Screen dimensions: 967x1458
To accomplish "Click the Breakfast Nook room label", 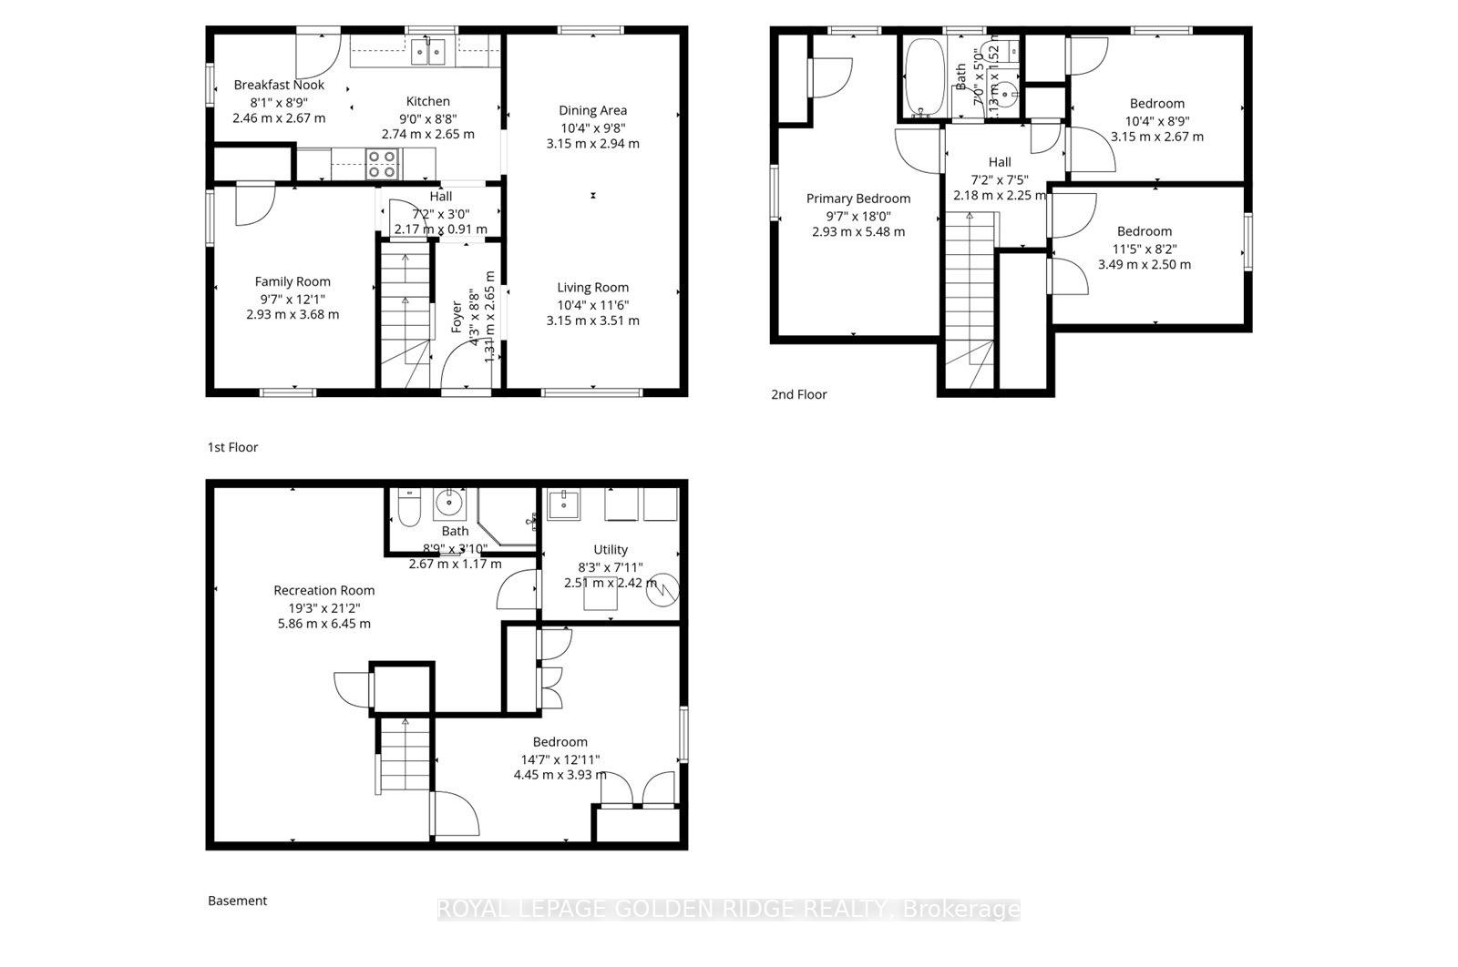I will (x=279, y=85).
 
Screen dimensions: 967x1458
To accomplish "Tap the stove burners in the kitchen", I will (x=382, y=165).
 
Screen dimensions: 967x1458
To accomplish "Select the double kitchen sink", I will (x=427, y=53).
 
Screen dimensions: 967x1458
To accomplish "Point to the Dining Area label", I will (x=592, y=110).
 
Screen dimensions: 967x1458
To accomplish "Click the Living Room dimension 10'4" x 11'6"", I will (x=592, y=305).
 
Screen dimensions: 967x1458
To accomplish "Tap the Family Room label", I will (x=293, y=281).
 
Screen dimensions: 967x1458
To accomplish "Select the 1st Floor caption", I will (x=232, y=447).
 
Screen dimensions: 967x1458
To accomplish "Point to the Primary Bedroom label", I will (x=857, y=198).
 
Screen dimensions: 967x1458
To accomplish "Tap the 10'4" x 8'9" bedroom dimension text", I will (x=1156, y=120).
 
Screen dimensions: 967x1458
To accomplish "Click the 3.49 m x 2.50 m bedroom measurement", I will (x=1144, y=265).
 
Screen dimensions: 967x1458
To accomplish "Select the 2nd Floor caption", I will (x=798, y=394).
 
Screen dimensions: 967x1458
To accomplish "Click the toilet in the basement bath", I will (x=408, y=507).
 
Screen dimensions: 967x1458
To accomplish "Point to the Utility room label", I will (x=610, y=549).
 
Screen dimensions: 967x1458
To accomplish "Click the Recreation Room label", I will (x=323, y=590).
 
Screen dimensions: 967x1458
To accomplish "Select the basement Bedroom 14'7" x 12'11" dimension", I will (x=560, y=758).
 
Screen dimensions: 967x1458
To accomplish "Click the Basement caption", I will (x=237, y=901).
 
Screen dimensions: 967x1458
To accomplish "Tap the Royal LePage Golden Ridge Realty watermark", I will (x=728, y=909).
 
